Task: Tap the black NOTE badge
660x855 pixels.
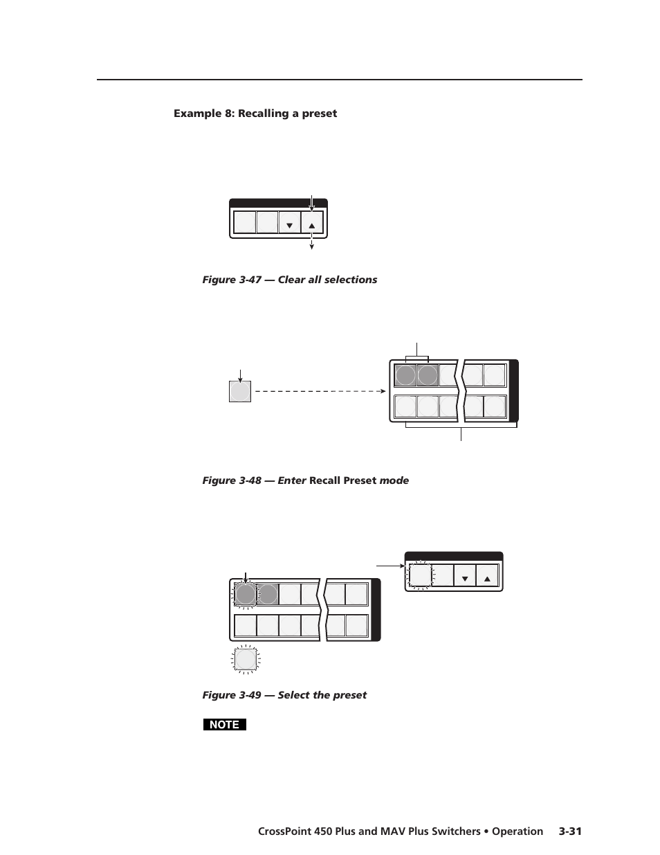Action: [224, 725]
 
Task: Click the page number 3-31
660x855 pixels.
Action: [570, 831]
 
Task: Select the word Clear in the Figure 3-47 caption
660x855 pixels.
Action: [293, 280]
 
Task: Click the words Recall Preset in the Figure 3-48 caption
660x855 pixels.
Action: [342, 480]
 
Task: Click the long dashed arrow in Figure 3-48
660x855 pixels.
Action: [318, 391]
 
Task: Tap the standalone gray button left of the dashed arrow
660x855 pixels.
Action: [239, 392]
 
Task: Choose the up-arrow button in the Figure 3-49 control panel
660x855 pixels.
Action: [487, 576]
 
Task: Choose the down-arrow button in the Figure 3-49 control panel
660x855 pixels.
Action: [465, 576]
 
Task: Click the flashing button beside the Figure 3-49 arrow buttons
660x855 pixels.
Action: [419, 575]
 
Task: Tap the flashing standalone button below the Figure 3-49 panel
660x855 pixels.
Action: [245, 659]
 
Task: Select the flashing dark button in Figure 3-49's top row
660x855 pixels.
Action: [245, 595]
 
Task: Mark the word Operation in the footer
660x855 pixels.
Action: [517, 831]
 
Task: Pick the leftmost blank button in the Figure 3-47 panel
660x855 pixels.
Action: [244, 222]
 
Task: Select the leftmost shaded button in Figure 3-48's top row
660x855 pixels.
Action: [405, 376]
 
